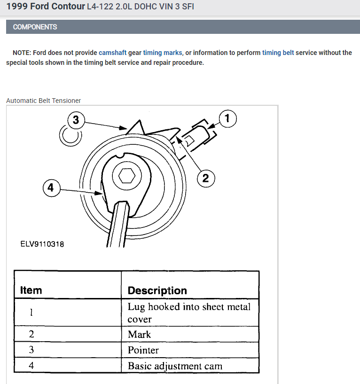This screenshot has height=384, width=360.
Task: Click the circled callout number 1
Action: pyautogui.click(x=227, y=119)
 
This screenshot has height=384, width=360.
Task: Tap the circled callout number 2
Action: pyautogui.click(x=205, y=178)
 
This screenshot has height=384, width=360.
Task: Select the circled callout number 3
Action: pyautogui.click(x=76, y=120)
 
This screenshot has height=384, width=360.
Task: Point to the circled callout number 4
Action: pyautogui.click(x=51, y=189)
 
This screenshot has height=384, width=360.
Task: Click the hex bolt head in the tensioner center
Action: pyautogui.click(x=125, y=176)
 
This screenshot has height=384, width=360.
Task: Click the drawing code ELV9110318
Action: pyautogui.click(x=42, y=244)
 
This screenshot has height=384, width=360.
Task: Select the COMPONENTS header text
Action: pyautogui.click(x=35, y=27)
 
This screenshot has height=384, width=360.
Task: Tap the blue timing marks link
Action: pyautogui.click(x=162, y=53)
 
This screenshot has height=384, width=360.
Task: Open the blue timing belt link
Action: pyautogui.click(x=278, y=53)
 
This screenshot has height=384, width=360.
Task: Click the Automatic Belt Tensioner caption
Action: pyautogui.click(x=44, y=101)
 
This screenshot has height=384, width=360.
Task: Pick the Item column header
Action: pyautogui.click(x=31, y=290)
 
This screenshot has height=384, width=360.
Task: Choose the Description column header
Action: pyautogui.click(x=157, y=290)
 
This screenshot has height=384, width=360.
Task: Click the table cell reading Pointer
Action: pyautogui.click(x=143, y=350)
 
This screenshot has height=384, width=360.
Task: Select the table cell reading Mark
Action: pyautogui.click(x=140, y=334)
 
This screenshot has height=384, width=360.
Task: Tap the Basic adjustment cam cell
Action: pyautogui.click(x=175, y=366)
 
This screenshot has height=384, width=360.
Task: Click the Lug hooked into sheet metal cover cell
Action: pyautogui.click(x=189, y=313)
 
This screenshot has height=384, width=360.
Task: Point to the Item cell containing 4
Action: pyautogui.click(x=31, y=366)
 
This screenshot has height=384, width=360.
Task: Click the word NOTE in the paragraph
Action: pyautogui.click(x=22, y=53)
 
